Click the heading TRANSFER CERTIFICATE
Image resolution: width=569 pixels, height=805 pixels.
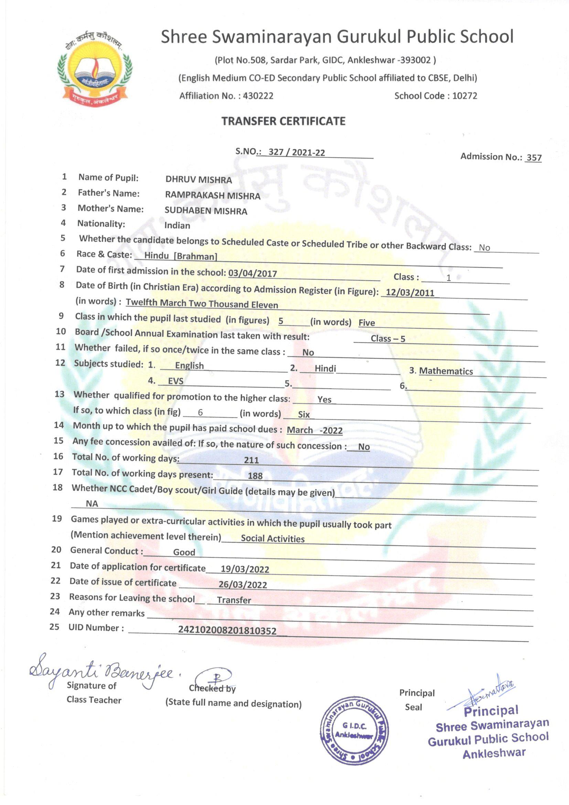click(283, 121)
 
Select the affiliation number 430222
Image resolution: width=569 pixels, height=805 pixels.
click(258, 96)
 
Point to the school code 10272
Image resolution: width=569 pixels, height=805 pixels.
click(464, 96)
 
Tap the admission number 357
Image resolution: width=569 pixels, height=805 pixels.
click(534, 158)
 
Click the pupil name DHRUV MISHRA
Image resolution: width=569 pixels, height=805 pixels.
click(198, 180)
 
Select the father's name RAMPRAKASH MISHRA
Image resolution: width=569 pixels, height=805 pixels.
click(213, 196)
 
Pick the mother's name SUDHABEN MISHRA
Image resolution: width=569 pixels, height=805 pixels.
click(206, 211)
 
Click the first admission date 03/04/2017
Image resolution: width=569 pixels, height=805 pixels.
click(253, 273)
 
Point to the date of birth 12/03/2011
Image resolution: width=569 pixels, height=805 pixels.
click(410, 292)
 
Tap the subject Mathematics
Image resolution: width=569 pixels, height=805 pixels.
click(446, 371)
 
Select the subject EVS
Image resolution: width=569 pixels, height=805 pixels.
click(175, 381)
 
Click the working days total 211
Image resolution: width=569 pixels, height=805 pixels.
click(251, 460)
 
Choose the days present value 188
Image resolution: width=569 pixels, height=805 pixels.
click(255, 476)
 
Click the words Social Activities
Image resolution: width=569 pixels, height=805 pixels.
click(272, 539)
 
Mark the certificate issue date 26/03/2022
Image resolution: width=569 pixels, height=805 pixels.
click(243, 585)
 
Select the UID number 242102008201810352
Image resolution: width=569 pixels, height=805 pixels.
click(227, 630)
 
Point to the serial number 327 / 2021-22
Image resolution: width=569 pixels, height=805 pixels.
click(297, 153)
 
